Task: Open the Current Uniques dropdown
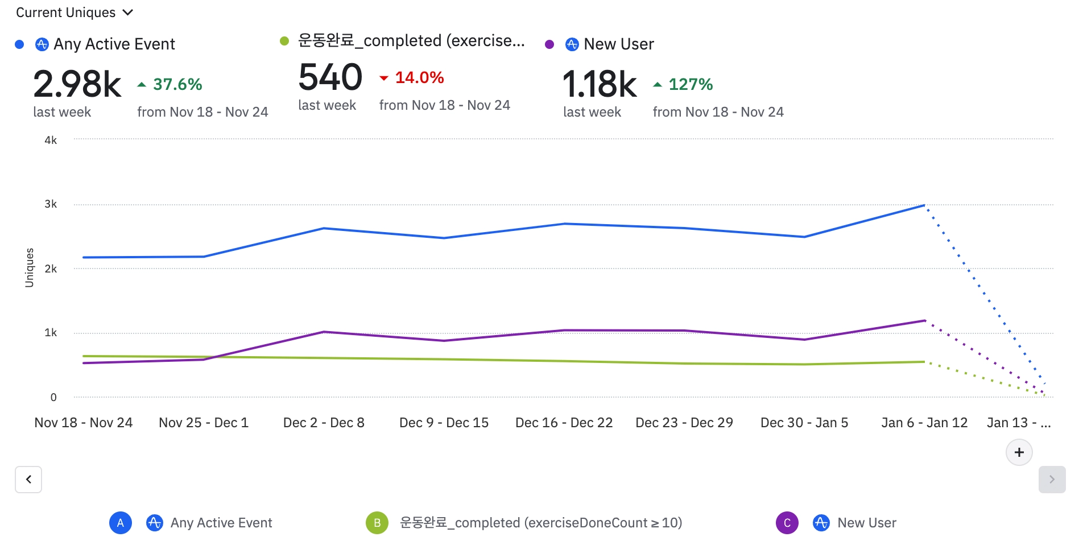pyautogui.click(x=74, y=13)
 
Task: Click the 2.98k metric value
pyautogui.click(x=77, y=84)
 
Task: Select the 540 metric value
pyautogui.click(x=330, y=77)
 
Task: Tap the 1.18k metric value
pyautogui.click(x=600, y=84)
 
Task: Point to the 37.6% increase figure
pyautogui.click(x=177, y=85)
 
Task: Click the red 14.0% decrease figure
pyautogui.click(x=419, y=78)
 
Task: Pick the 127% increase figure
pyautogui.click(x=690, y=85)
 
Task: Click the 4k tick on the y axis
pyautogui.click(x=51, y=141)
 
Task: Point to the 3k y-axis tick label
pyautogui.click(x=51, y=204)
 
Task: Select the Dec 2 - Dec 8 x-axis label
pyautogui.click(x=324, y=423)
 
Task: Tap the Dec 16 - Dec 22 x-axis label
pyautogui.click(x=564, y=423)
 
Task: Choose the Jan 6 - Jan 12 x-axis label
pyautogui.click(x=924, y=423)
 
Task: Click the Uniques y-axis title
pyautogui.click(x=30, y=267)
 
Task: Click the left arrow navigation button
pyautogui.click(x=28, y=480)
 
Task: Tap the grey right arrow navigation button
pyautogui.click(x=1052, y=480)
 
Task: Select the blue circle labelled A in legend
pyautogui.click(x=121, y=523)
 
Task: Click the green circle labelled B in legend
pyautogui.click(x=377, y=523)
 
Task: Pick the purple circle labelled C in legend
pyautogui.click(x=787, y=523)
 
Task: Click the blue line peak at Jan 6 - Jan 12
pyautogui.click(x=924, y=205)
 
